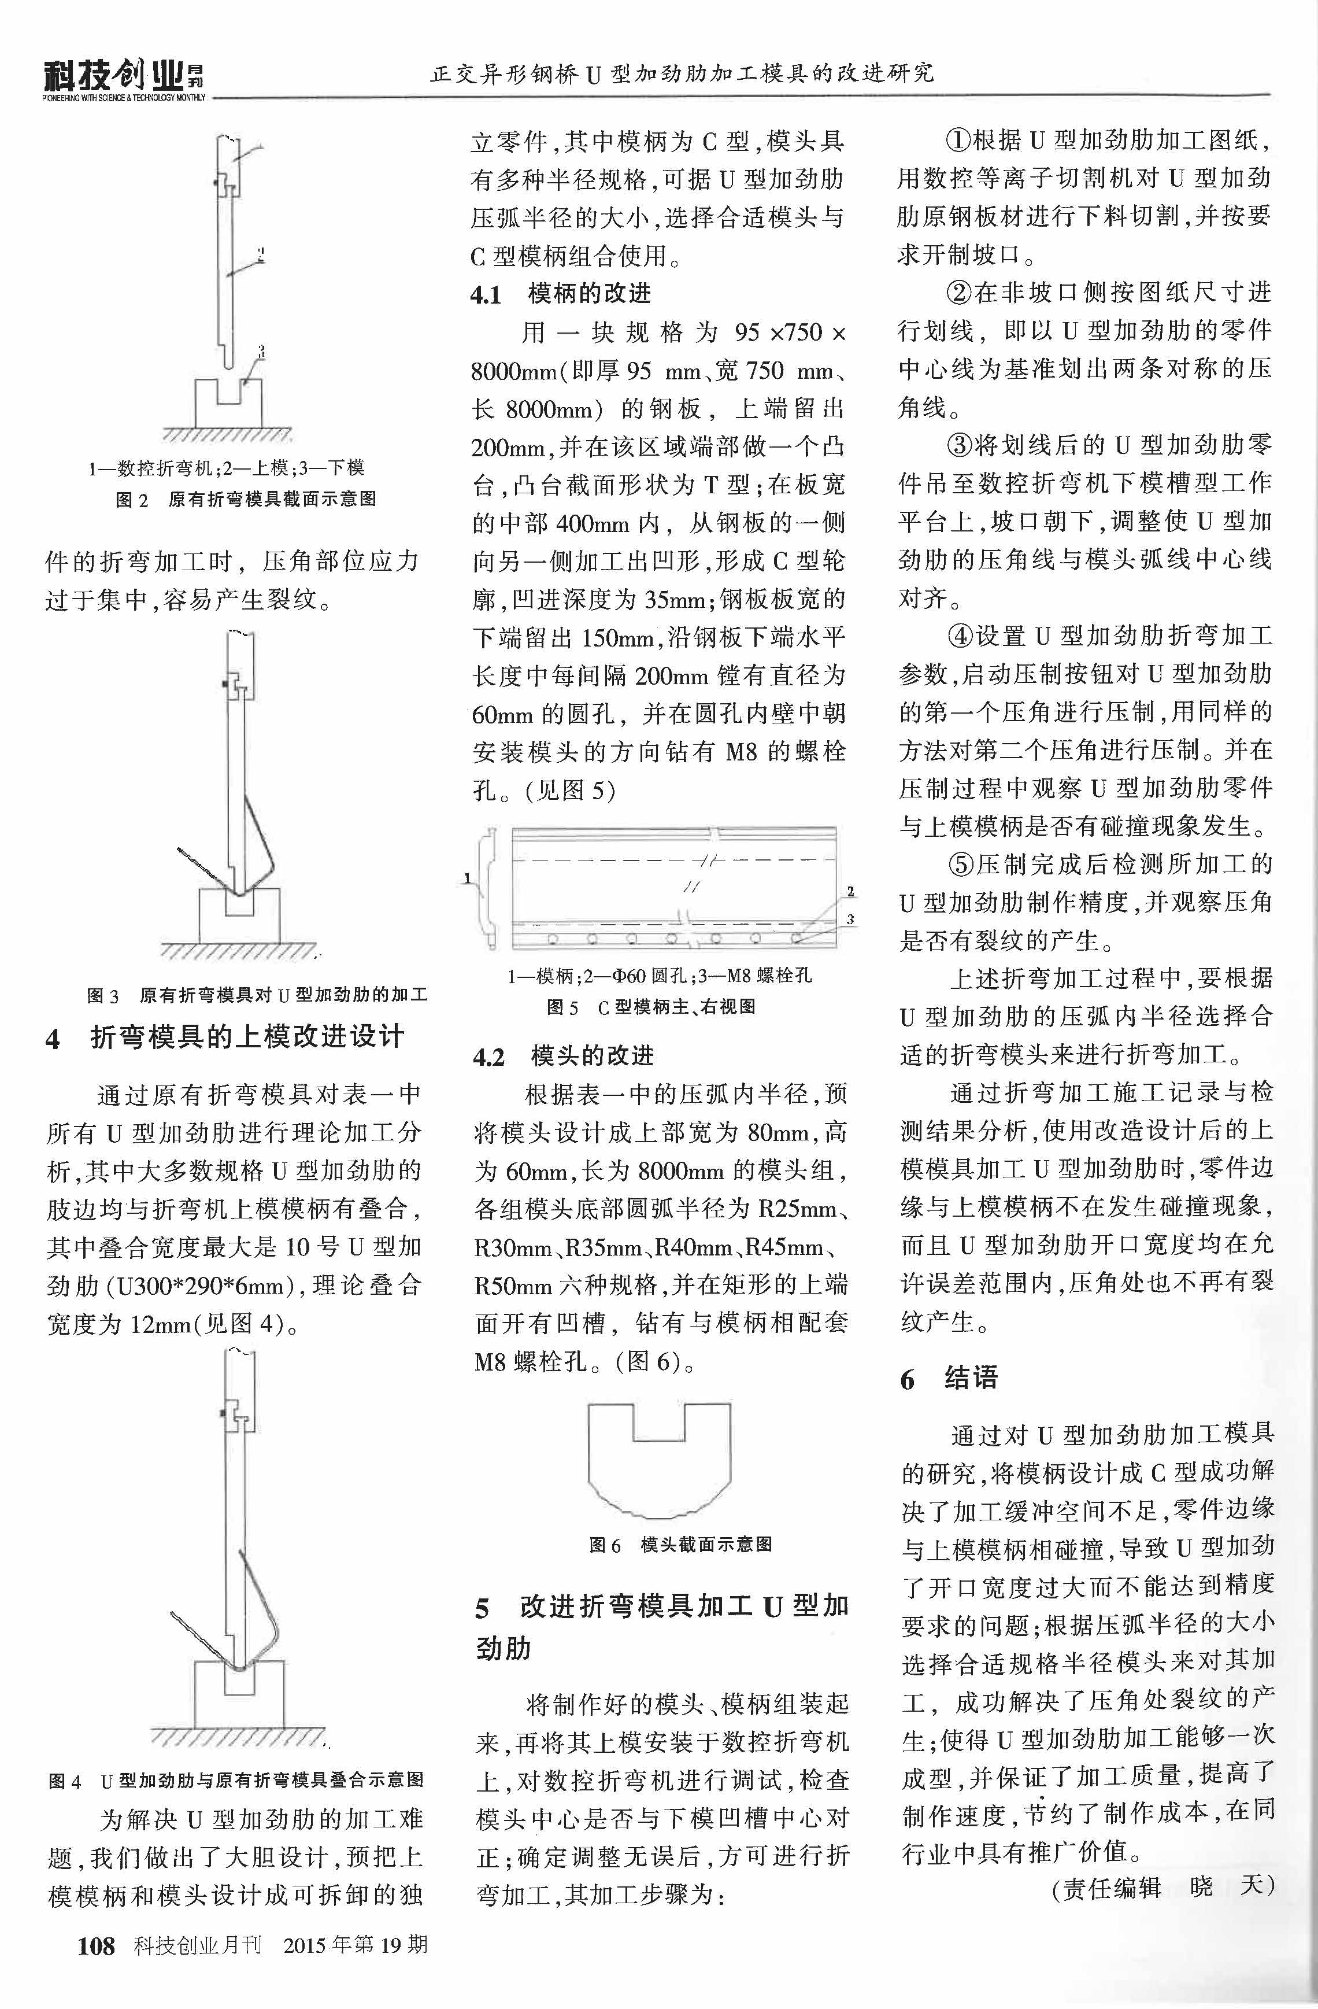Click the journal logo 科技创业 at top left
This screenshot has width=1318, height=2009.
[113, 79]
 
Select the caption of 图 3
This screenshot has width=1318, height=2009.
[257, 995]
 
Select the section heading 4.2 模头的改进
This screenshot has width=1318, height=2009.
[563, 1056]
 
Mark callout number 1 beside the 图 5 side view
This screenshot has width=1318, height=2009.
[467, 879]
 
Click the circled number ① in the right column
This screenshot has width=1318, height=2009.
[960, 140]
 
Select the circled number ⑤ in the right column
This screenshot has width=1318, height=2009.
[961, 865]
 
